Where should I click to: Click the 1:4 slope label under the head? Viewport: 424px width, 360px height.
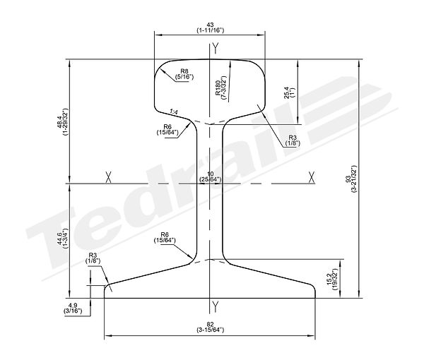click(175, 111)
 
